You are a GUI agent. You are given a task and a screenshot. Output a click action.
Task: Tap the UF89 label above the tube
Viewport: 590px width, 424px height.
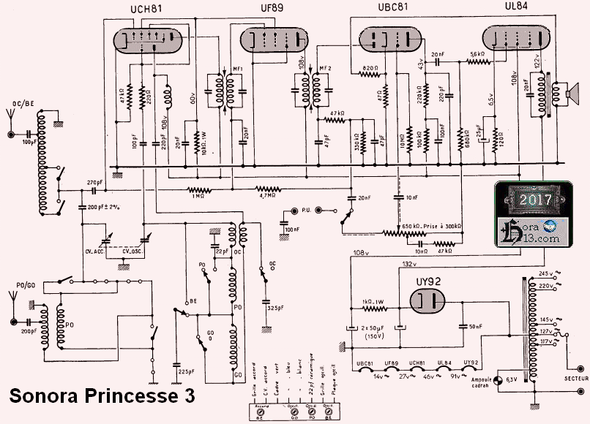(x=272, y=9)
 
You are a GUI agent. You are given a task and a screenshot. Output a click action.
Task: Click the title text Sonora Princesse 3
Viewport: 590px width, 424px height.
(x=102, y=397)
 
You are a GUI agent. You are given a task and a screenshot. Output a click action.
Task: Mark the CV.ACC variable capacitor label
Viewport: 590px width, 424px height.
(x=97, y=251)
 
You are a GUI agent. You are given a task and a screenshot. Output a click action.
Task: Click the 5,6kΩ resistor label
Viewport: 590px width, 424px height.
(x=478, y=54)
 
